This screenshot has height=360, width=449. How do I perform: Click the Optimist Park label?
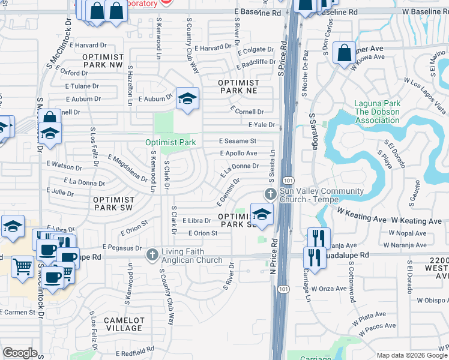click(x=170, y=143)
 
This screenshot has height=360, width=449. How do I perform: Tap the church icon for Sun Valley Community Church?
click(x=270, y=194)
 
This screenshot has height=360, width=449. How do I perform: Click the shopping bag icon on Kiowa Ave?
click(x=345, y=53)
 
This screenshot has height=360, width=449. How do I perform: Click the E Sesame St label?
click(x=238, y=142)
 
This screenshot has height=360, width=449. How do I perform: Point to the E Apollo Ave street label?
click(x=238, y=154)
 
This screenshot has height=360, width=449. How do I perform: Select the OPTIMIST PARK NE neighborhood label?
click(x=238, y=86)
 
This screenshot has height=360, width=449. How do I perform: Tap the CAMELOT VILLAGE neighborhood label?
click(x=124, y=324)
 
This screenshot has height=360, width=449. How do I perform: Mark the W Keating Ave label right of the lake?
click(x=419, y=221)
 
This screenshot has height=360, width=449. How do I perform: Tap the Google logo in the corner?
click(x=20, y=353)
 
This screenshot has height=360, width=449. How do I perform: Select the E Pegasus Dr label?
click(x=121, y=247)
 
